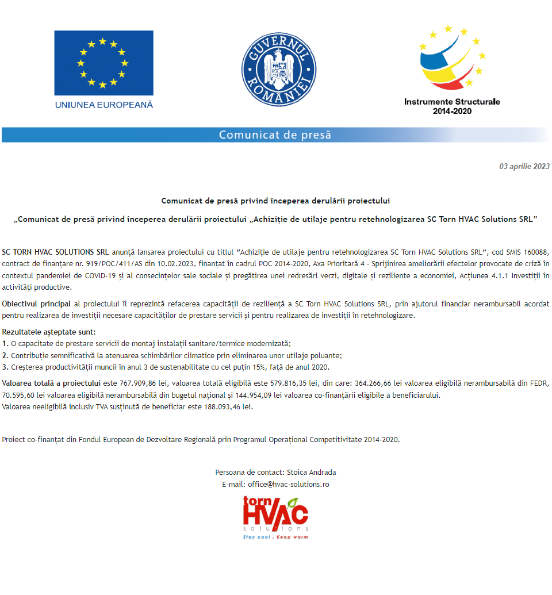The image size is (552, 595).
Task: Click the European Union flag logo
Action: (x=103, y=63)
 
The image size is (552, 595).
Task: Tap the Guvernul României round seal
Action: (x=279, y=69)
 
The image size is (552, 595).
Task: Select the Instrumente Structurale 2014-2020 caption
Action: (x=452, y=106)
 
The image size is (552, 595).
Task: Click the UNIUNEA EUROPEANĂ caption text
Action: (x=104, y=105)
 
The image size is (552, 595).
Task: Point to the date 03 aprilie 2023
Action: (x=524, y=167)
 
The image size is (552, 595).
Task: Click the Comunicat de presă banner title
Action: (x=275, y=135)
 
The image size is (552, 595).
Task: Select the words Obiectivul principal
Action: (x=36, y=304)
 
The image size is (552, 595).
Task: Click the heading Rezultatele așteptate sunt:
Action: (x=49, y=332)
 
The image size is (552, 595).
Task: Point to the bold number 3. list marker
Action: (x=5, y=367)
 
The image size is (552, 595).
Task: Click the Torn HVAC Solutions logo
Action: (x=275, y=513)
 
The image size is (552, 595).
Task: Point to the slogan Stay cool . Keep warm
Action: (x=275, y=537)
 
